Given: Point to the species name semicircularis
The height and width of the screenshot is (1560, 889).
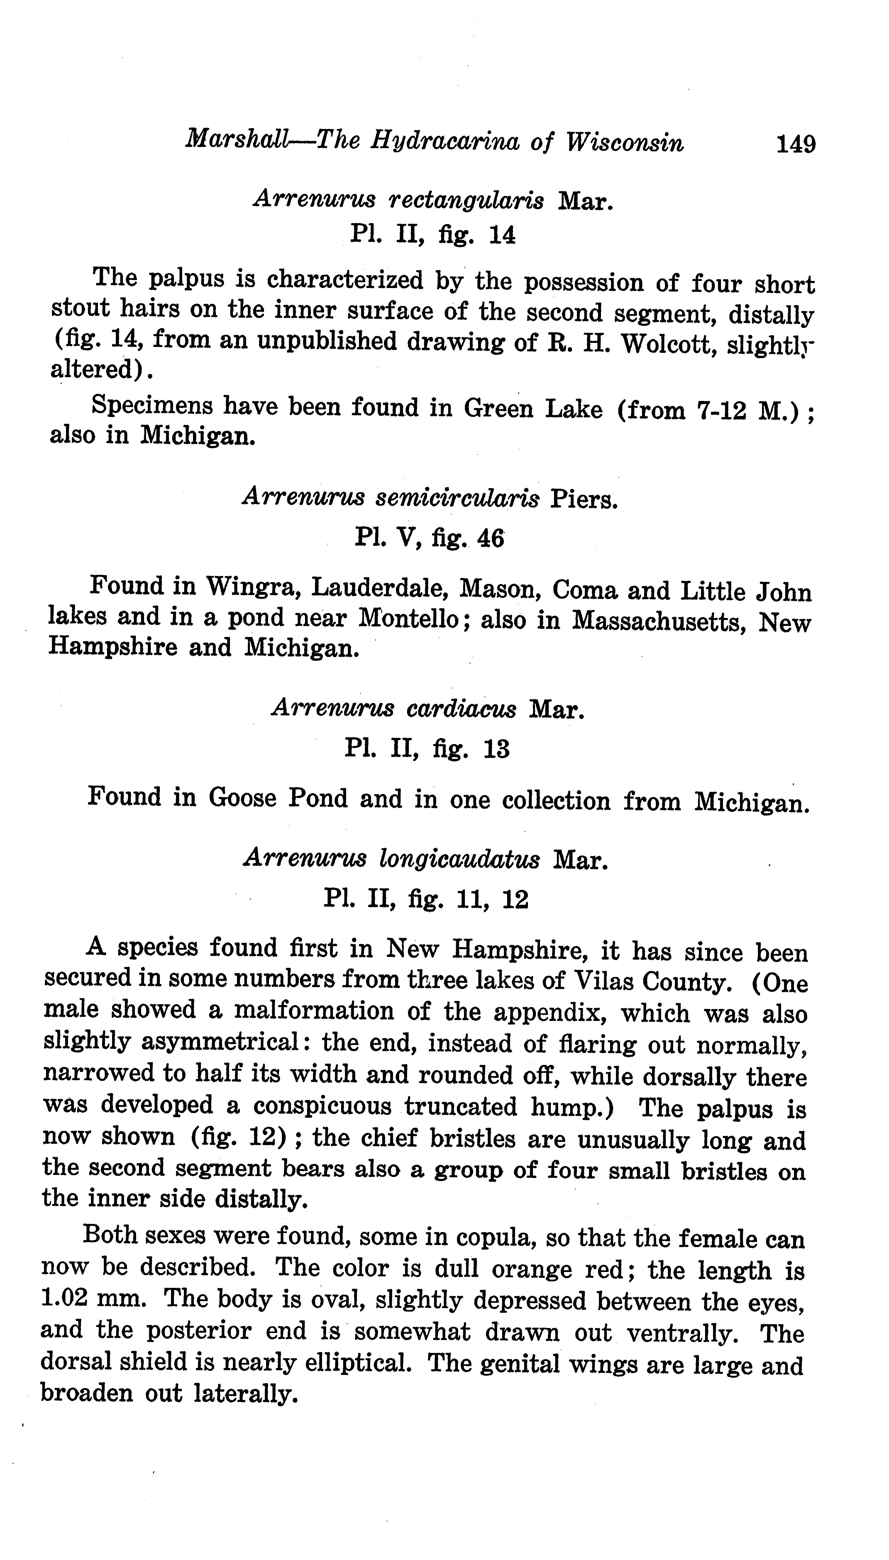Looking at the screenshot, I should [x=457, y=498].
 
